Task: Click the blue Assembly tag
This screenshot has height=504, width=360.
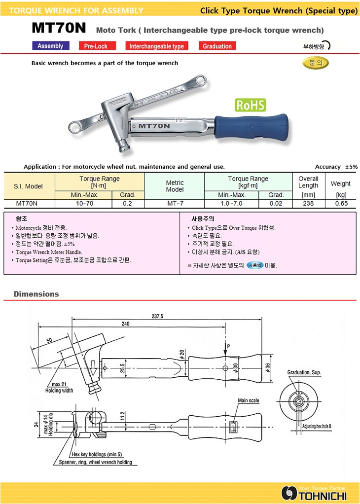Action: tap(51, 46)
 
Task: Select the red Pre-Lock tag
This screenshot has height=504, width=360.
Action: tap(97, 46)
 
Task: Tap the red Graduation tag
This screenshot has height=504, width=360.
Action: tap(217, 46)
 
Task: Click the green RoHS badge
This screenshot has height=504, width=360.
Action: tap(251, 105)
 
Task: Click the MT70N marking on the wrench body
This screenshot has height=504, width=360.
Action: tap(154, 126)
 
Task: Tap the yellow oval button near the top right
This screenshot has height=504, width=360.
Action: tap(316, 63)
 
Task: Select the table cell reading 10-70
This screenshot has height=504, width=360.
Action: tap(84, 204)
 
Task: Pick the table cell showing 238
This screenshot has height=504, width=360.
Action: tap(308, 204)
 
